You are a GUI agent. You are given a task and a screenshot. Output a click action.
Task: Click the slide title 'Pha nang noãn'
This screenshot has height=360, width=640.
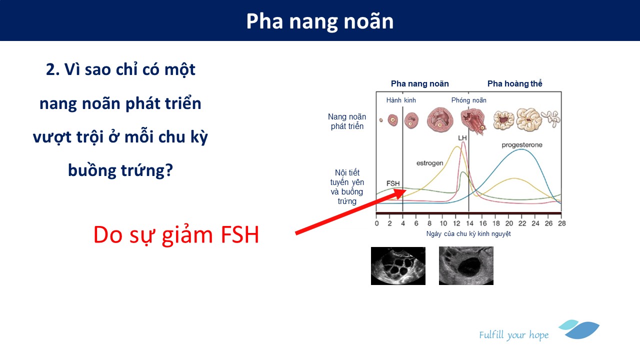[x=320, y=21]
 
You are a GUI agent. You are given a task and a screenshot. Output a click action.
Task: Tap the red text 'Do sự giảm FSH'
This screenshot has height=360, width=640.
[x=176, y=235]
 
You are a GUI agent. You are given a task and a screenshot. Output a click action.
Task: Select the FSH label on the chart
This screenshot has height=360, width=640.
[x=393, y=183]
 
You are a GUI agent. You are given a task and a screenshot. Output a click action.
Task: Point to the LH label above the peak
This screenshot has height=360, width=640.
[x=462, y=138]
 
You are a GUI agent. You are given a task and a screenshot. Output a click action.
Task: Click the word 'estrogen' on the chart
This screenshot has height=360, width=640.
[x=429, y=163]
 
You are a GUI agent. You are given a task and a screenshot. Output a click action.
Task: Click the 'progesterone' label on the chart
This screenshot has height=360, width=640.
[x=522, y=145]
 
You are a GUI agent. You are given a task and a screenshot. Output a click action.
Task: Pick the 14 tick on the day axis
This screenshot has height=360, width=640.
[x=469, y=223]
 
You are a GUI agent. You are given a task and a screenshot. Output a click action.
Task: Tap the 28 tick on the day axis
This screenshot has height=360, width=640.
[x=561, y=223]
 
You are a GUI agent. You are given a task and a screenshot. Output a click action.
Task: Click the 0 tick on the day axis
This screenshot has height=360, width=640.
[x=376, y=223]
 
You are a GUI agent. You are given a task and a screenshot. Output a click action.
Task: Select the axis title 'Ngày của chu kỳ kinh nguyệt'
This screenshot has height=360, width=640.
[x=468, y=234]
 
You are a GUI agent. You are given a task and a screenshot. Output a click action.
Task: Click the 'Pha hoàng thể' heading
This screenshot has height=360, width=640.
[x=514, y=83]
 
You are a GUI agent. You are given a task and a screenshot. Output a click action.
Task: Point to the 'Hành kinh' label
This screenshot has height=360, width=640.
[x=401, y=100]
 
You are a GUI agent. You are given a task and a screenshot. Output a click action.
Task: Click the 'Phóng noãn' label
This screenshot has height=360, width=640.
[x=468, y=100]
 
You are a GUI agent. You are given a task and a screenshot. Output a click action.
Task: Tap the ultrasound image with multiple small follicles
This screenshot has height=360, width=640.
[x=398, y=266]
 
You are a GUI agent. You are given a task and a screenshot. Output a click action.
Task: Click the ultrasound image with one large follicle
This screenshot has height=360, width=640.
[x=466, y=265]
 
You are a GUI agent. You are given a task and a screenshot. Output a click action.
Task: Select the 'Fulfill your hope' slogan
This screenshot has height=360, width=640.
[x=513, y=335]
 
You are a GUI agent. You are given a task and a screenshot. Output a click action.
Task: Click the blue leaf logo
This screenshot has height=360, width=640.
[x=579, y=329]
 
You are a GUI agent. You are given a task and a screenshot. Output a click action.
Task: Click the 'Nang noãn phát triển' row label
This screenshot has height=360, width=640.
[x=347, y=121]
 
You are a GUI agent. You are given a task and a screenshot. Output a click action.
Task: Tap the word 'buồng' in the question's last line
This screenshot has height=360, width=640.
[x=92, y=170]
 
